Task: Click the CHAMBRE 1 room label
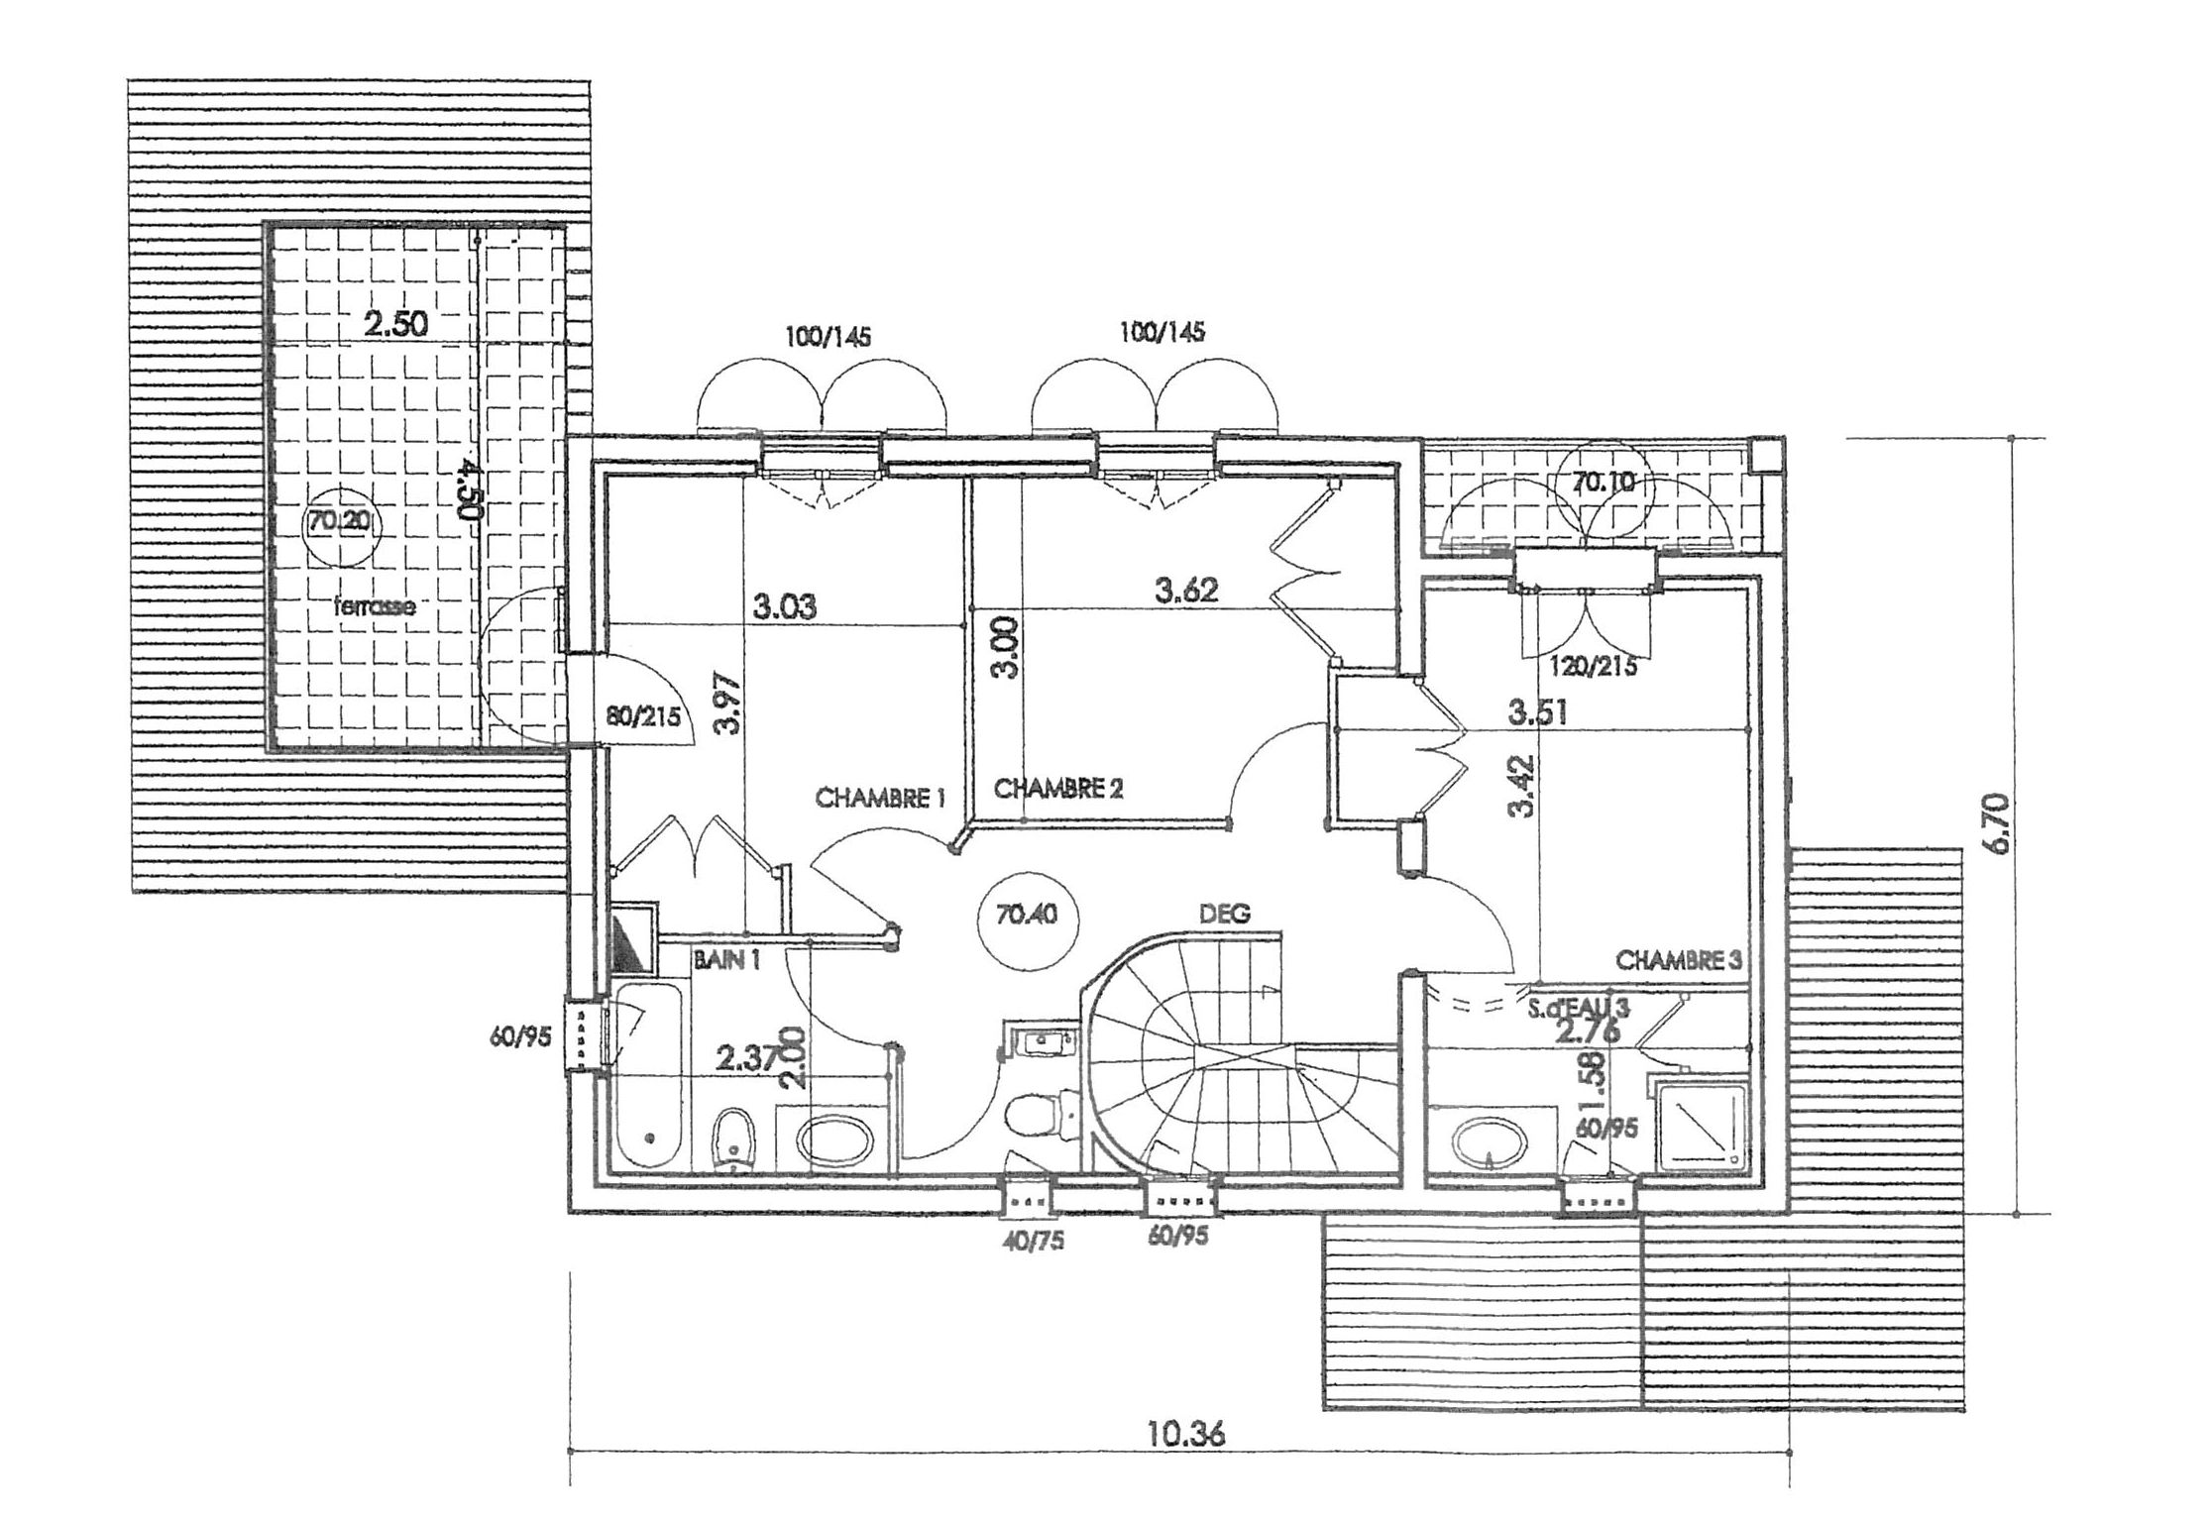coord(881,798)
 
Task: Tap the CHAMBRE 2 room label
coord(1058,789)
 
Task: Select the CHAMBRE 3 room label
coord(1678,959)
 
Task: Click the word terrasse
coord(375,607)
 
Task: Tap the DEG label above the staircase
coord(1225,913)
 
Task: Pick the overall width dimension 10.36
coord(1186,1435)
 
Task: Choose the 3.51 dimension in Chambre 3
coord(1537,712)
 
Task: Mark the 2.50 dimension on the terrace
coord(395,325)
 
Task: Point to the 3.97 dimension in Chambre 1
coord(728,704)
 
